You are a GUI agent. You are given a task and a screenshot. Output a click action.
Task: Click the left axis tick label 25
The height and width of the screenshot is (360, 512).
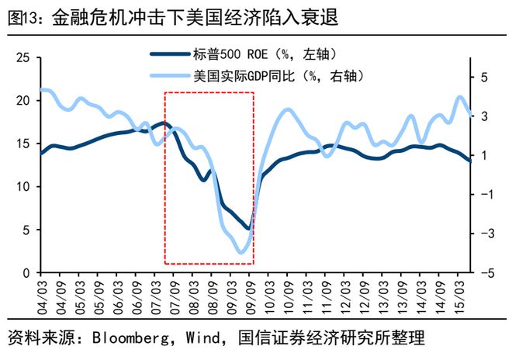tap(22, 58)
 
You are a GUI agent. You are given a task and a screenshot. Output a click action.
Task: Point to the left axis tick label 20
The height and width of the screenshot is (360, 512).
tap(22, 101)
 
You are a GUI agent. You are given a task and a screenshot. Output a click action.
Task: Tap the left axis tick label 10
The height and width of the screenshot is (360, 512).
tap(23, 186)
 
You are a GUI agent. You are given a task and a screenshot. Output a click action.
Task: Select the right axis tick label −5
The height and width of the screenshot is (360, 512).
tap(487, 273)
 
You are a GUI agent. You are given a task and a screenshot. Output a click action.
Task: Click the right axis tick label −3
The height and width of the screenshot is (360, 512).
tap(487, 234)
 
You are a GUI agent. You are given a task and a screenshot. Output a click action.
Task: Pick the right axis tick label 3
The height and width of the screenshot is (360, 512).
tap(484, 116)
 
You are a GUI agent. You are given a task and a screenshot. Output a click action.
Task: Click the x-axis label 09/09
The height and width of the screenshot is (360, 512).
tap(251, 298)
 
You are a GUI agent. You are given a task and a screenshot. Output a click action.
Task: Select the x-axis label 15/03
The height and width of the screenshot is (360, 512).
tap(458, 295)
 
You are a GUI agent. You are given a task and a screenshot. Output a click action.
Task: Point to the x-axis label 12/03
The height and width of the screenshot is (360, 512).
tap(345, 298)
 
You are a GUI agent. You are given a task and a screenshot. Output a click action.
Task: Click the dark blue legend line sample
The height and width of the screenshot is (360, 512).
tap(170, 54)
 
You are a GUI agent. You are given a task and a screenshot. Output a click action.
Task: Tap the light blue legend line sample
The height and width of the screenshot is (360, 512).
tap(170, 76)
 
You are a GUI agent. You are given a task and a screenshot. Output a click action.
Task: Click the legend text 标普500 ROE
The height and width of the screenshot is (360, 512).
tap(230, 54)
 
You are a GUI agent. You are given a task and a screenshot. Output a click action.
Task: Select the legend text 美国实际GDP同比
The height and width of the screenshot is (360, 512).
tap(244, 76)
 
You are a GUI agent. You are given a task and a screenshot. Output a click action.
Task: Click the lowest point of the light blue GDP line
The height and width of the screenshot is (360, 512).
tap(241, 252)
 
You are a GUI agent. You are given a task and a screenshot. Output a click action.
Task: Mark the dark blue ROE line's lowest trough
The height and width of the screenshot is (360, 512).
tap(249, 229)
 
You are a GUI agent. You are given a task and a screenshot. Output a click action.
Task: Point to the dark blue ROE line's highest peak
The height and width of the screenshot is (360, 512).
tap(164, 123)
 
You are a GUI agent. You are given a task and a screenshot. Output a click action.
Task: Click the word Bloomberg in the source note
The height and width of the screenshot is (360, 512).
tap(130, 337)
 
